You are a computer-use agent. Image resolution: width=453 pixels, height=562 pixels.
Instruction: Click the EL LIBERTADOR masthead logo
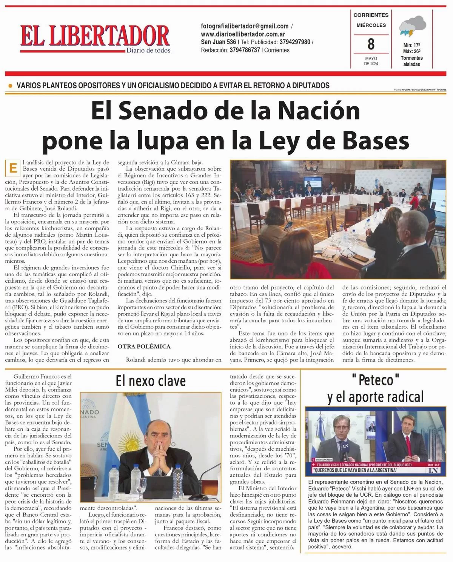94,36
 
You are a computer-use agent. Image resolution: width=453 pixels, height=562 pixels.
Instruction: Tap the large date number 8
371,44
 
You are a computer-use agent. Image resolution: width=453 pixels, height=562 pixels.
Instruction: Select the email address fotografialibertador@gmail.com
245,26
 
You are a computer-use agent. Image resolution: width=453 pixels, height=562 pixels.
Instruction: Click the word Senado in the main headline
157,111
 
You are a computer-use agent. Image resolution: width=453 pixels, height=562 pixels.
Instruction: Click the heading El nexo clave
151,381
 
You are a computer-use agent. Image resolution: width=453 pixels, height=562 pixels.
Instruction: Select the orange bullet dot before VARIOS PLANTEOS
11,86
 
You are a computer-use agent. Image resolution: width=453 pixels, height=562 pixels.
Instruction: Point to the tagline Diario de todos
148,50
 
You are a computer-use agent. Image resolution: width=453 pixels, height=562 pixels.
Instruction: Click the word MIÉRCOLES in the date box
371,25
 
